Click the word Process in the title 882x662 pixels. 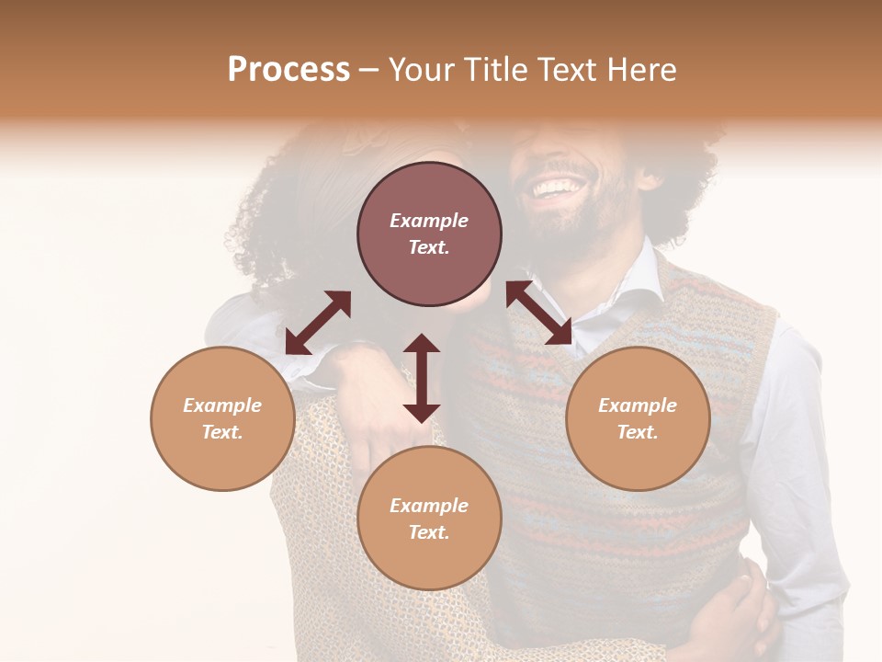(x=288, y=70)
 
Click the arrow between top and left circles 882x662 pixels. (x=318, y=322)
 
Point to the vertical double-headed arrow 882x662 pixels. (x=422, y=378)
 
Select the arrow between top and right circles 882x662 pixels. (x=539, y=313)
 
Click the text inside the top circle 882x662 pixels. (x=429, y=234)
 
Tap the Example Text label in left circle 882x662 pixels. (x=222, y=418)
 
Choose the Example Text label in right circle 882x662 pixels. (x=638, y=418)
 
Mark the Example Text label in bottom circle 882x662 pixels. (x=429, y=519)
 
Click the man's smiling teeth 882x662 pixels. (x=558, y=188)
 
